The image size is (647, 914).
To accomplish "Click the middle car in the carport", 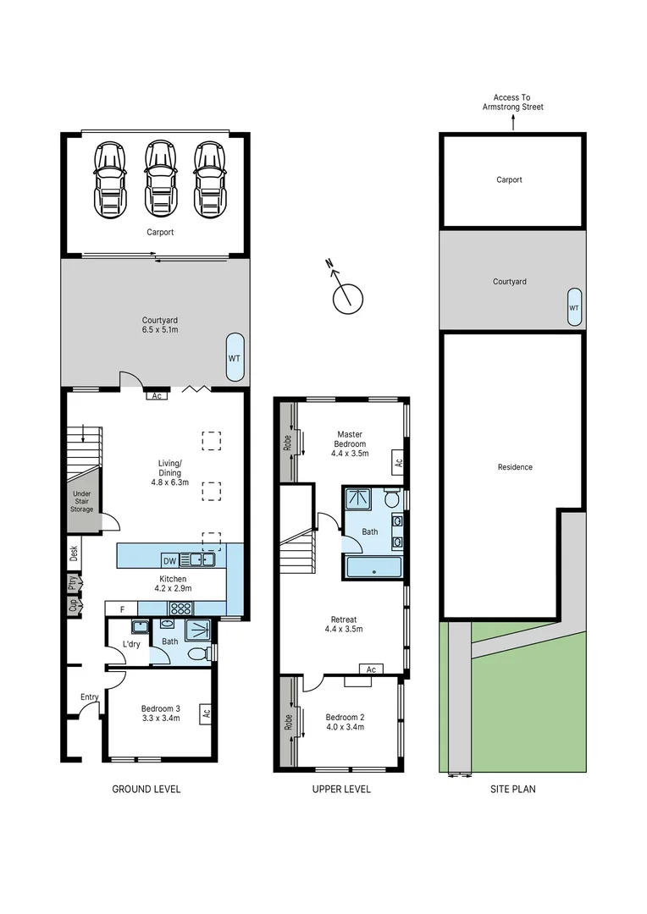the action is tap(160, 179).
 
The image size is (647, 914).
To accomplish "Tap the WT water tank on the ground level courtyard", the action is tap(235, 358).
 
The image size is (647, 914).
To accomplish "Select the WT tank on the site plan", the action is tap(574, 307).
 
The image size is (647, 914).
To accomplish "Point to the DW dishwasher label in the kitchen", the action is tap(169, 561).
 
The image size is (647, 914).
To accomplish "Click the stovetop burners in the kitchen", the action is tap(181, 608).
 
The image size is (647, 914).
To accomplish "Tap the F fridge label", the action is tap(123, 609).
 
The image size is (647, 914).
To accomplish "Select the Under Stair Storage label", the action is tap(81, 501).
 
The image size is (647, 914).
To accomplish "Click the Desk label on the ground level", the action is tap(74, 553).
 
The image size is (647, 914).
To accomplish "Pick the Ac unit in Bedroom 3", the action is tap(206, 713).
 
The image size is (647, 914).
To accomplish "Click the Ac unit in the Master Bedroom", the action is tap(399, 463).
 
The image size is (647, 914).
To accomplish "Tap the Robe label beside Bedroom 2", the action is tap(288, 723).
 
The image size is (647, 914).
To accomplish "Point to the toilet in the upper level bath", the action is tap(391, 499).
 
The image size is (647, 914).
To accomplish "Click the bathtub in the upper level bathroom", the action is tap(373, 567).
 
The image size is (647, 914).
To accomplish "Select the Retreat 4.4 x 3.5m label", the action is tap(344, 625).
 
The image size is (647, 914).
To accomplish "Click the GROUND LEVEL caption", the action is tap(147, 790).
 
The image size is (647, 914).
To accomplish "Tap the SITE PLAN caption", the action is tap(513, 790).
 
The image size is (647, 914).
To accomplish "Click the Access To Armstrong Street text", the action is tap(513, 102).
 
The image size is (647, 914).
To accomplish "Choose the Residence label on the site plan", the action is tap(515, 467).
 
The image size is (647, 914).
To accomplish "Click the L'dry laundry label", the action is tap(131, 644).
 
